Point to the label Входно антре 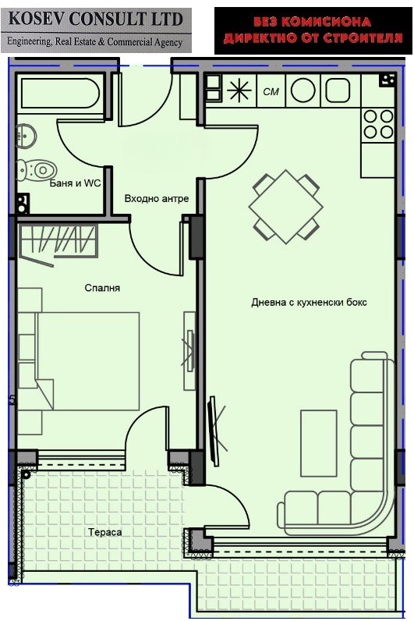coord(157,199)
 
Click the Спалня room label coord(102,288)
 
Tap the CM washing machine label coord(271,92)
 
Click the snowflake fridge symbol coord(237,91)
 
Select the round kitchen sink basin coord(302,91)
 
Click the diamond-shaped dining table coord(285,208)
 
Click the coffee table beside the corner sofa coord(319,442)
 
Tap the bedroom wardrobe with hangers coord(58,240)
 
